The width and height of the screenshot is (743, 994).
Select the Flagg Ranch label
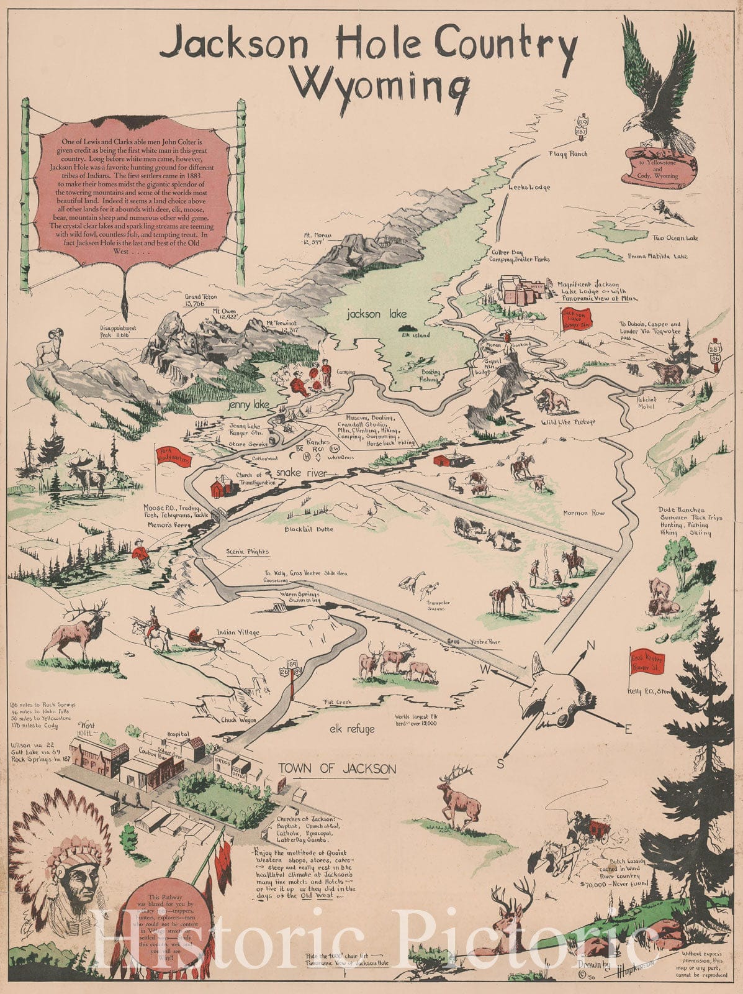click(567, 153)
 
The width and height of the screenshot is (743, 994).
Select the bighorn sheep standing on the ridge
click(47, 350)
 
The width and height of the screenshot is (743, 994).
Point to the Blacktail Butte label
click(308, 529)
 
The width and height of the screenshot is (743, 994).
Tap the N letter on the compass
click(590, 645)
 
